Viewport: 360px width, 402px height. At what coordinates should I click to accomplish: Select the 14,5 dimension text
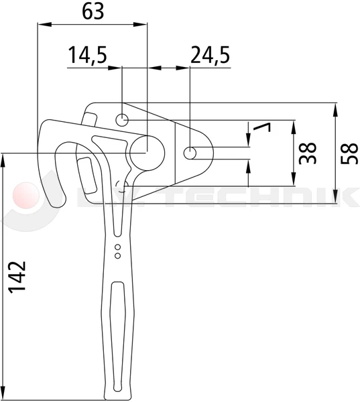(86, 55)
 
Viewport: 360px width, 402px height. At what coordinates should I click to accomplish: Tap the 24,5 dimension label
(210, 55)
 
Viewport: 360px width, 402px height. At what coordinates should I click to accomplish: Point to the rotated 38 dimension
(308, 153)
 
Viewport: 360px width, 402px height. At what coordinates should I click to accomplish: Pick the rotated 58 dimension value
(347, 153)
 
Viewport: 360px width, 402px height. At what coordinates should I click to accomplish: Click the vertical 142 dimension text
(18, 277)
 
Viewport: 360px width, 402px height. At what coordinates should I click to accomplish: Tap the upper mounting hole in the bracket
(122, 121)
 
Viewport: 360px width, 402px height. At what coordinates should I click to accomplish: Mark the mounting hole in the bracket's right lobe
(191, 153)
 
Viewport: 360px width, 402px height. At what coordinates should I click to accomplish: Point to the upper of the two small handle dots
(118, 248)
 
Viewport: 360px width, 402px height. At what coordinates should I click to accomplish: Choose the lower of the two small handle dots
(118, 255)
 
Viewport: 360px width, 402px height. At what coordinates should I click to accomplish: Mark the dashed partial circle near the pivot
(121, 184)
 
